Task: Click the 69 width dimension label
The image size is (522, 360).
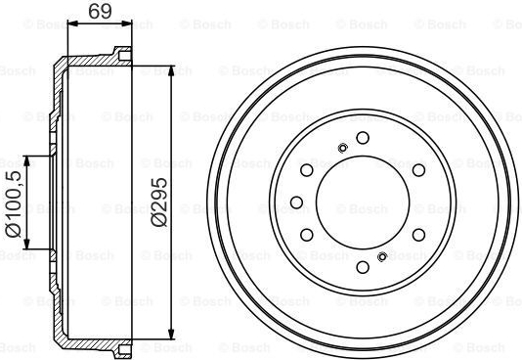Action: click(100, 12)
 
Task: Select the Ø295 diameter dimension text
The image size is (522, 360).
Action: click(158, 202)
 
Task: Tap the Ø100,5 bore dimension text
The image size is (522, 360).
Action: click(13, 203)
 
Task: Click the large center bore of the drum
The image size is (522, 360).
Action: click(363, 202)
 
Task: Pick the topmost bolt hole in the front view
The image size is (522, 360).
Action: click(363, 138)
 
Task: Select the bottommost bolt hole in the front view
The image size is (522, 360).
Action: click(363, 267)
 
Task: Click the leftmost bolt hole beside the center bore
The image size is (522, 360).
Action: click(296, 202)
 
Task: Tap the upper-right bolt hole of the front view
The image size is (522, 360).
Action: click(418, 170)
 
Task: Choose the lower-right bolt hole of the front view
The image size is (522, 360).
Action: click(418, 235)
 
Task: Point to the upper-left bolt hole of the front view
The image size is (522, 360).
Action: click(307, 170)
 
